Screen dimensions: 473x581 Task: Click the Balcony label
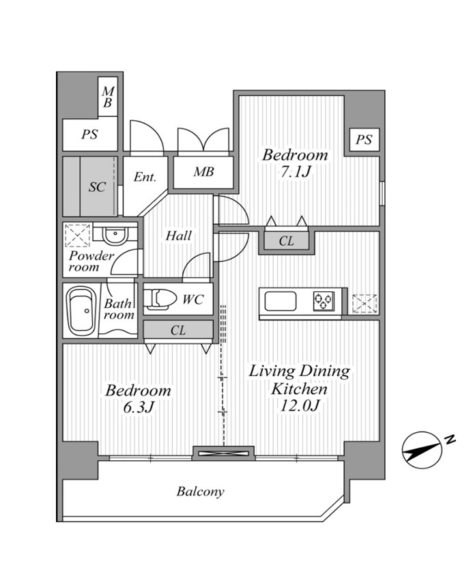(200, 492)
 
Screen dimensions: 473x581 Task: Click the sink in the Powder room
(115, 235)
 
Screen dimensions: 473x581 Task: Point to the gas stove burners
(324, 301)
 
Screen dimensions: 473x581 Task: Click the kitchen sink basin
(281, 301)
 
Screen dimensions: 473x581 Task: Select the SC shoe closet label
(97, 187)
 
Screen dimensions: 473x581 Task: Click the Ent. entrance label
(145, 177)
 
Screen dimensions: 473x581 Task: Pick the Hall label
(179, 236)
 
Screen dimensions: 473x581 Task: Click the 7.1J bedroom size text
(296, 171)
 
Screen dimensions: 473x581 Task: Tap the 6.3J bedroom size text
(138, 407)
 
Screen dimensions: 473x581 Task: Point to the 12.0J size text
(300, 406)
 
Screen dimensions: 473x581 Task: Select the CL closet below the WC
(178, 330)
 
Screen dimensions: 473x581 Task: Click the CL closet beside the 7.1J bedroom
(286, 241)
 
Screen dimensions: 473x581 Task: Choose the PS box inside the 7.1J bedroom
(364, 140)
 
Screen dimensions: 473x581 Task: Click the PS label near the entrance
(89, 134)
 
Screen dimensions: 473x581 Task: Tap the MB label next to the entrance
(203, 172)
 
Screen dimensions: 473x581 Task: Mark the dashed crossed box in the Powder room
(78, 236)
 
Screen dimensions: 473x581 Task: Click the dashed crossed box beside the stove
(365, 304)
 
